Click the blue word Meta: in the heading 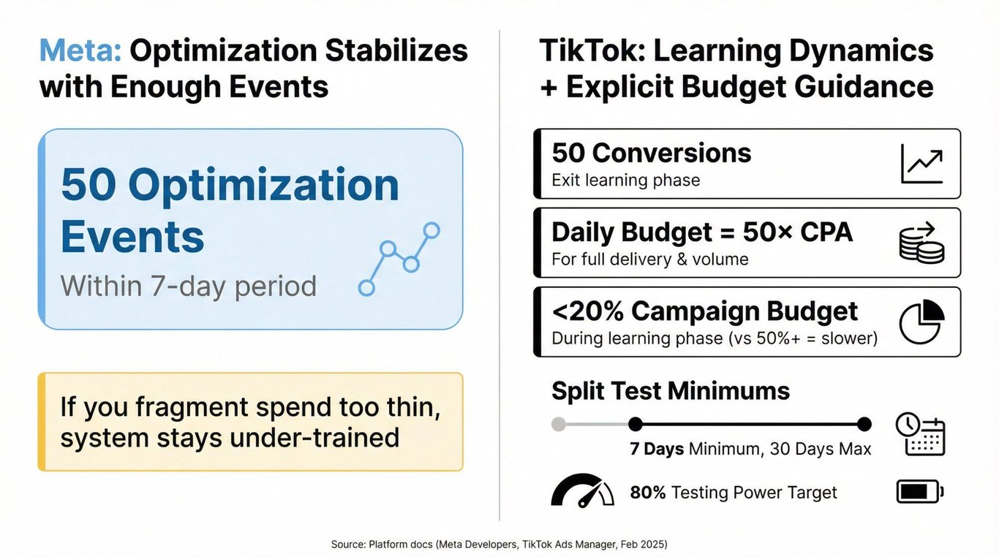(80, 50)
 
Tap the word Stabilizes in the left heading (396, 50)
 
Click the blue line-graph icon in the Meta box (399, 259)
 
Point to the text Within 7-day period (188, 286)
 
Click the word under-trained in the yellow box (314, 438)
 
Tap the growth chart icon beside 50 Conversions (922, 164)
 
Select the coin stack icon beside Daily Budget (921, 243)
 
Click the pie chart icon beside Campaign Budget (922, 322)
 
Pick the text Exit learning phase (626, 181)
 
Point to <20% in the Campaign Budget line (587, 311)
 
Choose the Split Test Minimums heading (671, 391)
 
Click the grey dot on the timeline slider (558, 424)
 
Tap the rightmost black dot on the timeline (864, 424)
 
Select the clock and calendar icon (921, 434)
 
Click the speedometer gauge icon (582, 490)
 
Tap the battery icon (920, 491)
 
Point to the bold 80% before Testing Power (647, 493)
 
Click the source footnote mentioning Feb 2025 (499, 544)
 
